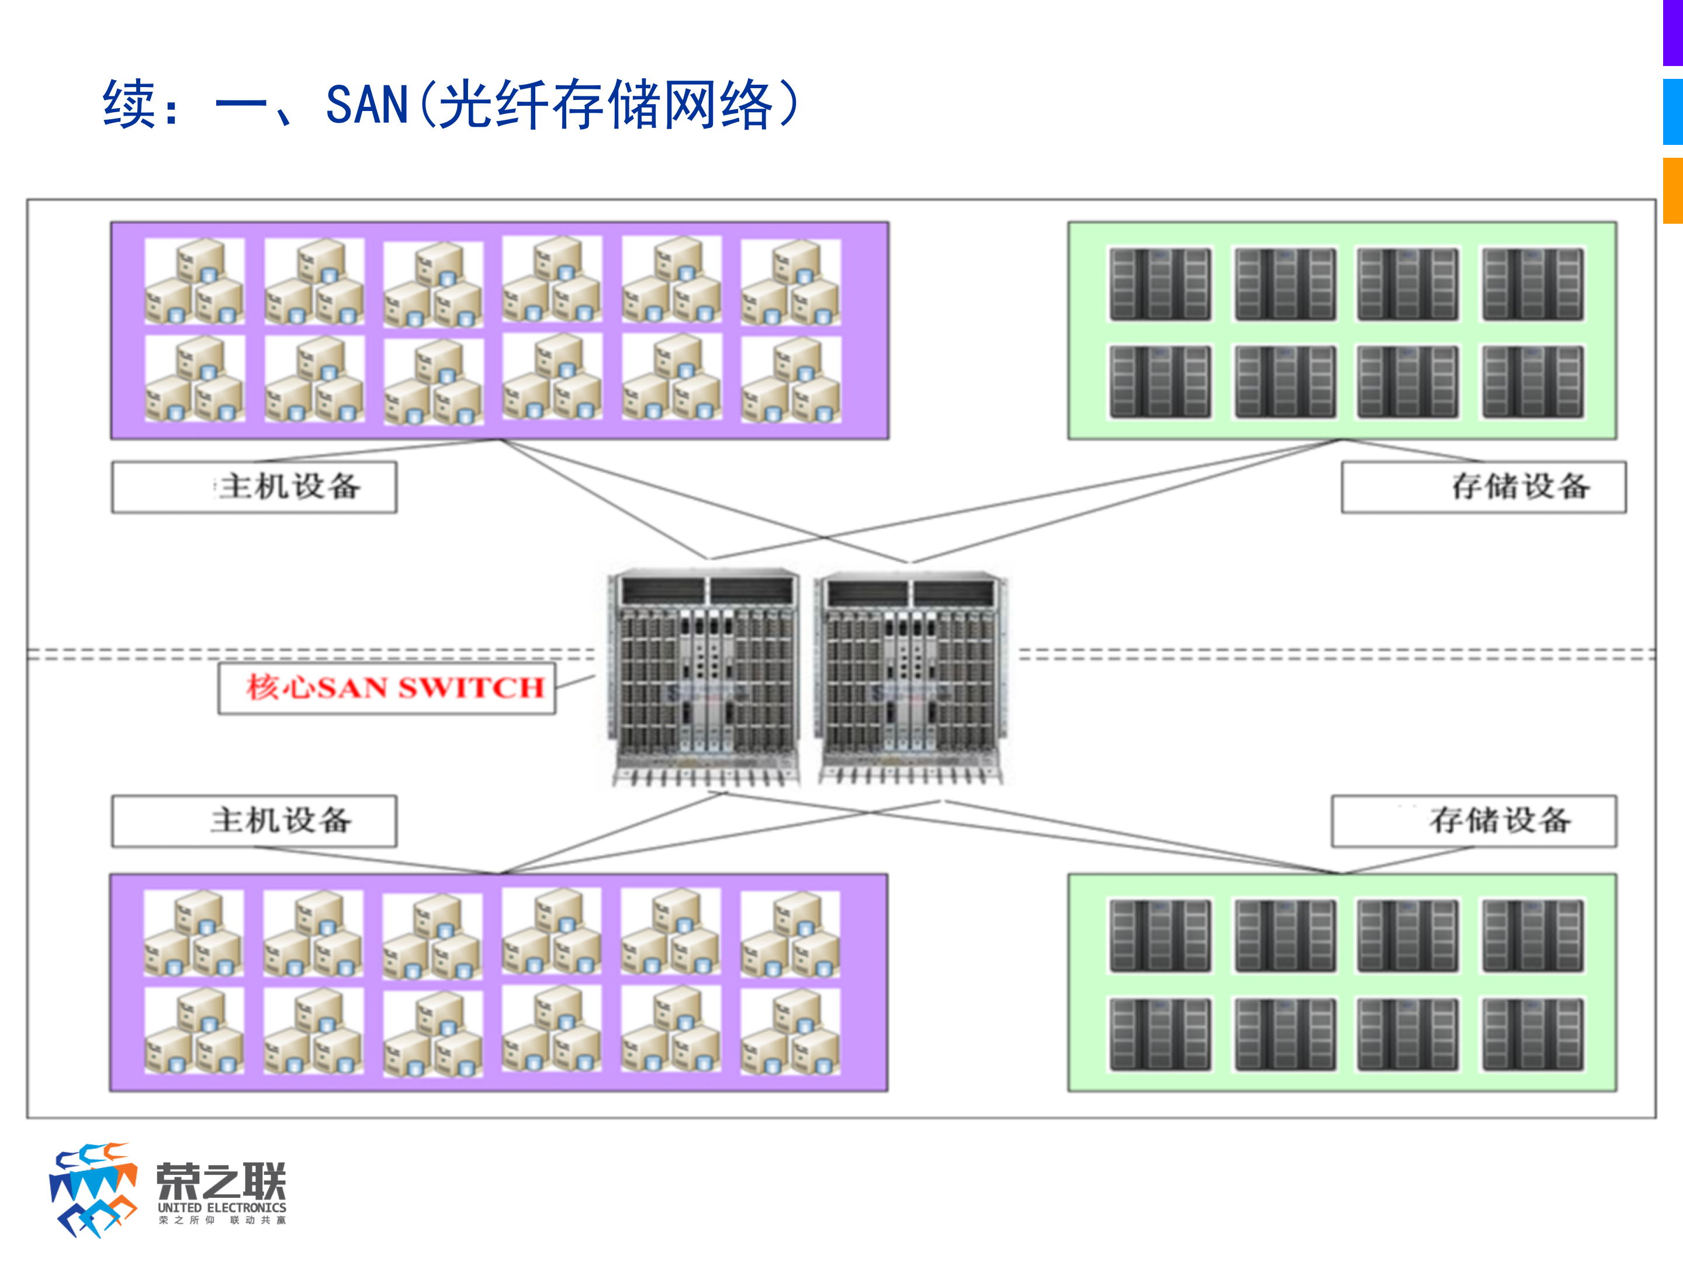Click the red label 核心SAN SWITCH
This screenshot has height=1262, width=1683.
[x=394, y=688]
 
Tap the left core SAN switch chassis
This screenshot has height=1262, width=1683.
[x=705, y=677]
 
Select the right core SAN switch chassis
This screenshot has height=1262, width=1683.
[x=910, y=677]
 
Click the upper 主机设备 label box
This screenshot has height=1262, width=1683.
[x=254, y=487]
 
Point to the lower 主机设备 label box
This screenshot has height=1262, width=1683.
[x=254, y=821]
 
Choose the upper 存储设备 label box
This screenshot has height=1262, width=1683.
[x=1483, y=487]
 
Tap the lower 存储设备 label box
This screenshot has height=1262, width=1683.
[x=1473, y=821]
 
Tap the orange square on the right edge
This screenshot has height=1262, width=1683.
[x=1672, y=190]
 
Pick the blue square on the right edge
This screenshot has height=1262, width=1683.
[x=1672, y=112]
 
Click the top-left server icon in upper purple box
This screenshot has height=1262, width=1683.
[x=195, y=280]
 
